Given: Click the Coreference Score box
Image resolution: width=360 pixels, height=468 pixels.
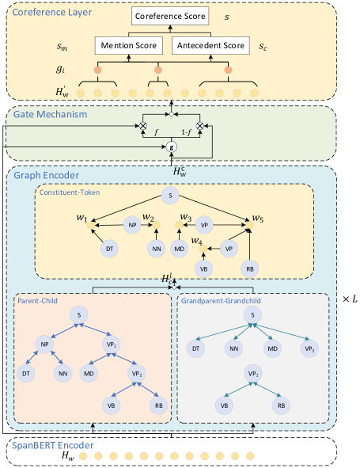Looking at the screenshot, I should tap(169, 16).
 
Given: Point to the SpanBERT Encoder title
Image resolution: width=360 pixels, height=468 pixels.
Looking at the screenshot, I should tap(52, 445).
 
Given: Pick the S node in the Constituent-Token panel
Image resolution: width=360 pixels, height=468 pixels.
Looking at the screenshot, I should tap(167, 195).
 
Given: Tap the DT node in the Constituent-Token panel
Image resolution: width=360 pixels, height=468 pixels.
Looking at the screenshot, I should tap(110, 249).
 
